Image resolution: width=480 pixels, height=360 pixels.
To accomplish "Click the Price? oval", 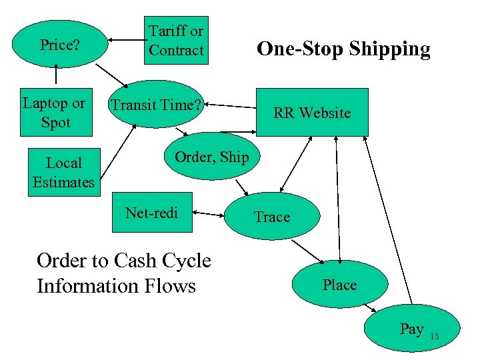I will coord(59,45).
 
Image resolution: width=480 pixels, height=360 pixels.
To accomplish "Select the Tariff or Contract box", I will coord(177,41).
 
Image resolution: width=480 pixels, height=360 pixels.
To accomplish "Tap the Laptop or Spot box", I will coord(54,113).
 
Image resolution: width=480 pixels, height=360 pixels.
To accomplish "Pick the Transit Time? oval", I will coord(155,105).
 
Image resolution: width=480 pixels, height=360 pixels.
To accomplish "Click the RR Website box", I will coord(311,113).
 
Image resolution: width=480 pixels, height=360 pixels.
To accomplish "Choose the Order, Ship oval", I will coord(211,157).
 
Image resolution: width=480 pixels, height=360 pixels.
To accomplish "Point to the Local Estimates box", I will coord(63,172).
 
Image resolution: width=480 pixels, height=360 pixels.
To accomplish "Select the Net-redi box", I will coord(152,213).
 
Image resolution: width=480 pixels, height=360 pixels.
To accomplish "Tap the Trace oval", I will coord(272,217).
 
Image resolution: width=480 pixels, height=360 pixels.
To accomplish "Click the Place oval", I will coord(339,285).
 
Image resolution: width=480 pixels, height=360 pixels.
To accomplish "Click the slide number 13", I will coord(434,336).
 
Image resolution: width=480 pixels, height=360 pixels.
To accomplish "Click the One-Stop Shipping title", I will coord(343,49).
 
